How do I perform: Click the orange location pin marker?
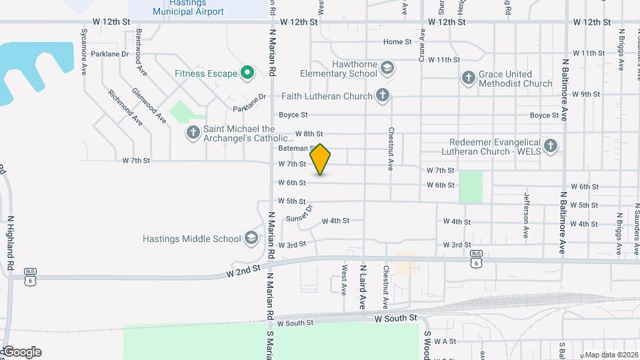pyautogui.click(x=321, y=159)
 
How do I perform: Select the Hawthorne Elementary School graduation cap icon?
pyautogui.click(x=387, y=68)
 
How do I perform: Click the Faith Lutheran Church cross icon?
pyautogui.click(x=383, y=96)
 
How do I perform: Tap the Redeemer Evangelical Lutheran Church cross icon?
pyautogui.click(x=550, y=146)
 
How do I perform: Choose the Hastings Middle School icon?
pyautogui.click(x=251, y=239)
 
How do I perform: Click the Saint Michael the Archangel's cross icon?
pyautogui.click(x=193, y=133)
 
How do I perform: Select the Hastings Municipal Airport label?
pyautogui.click(x=188, y=8)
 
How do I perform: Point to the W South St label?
pyautogui.click(x=395, y=319)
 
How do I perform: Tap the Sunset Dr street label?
pyautogui.click(x=299, y=214)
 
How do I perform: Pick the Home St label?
pyautogui.click(x=397, y=42)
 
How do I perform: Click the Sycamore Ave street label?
pyautogui.click(x=84, y=51)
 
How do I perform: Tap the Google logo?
pyautogui.click(x=22, y=352)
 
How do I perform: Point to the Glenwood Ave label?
pyautogui.click(x=149, y=105)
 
